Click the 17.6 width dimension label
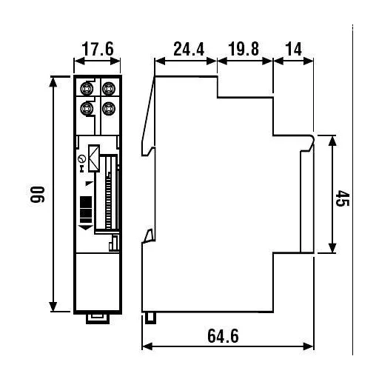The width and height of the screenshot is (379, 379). coord(98,49)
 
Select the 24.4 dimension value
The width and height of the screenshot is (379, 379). coord(189,49)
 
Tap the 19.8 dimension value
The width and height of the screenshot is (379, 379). coord(244,49)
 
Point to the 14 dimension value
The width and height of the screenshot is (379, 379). coord(294,49)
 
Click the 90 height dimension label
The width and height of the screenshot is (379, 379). coord(38,195)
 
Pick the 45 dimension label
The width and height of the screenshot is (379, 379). coord(343,198)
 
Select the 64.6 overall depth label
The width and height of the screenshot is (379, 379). coord(223,336)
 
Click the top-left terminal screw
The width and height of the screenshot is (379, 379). coord(87,88)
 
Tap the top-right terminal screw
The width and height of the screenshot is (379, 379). coord(109,88)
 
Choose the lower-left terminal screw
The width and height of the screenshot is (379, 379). coord(87,109)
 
